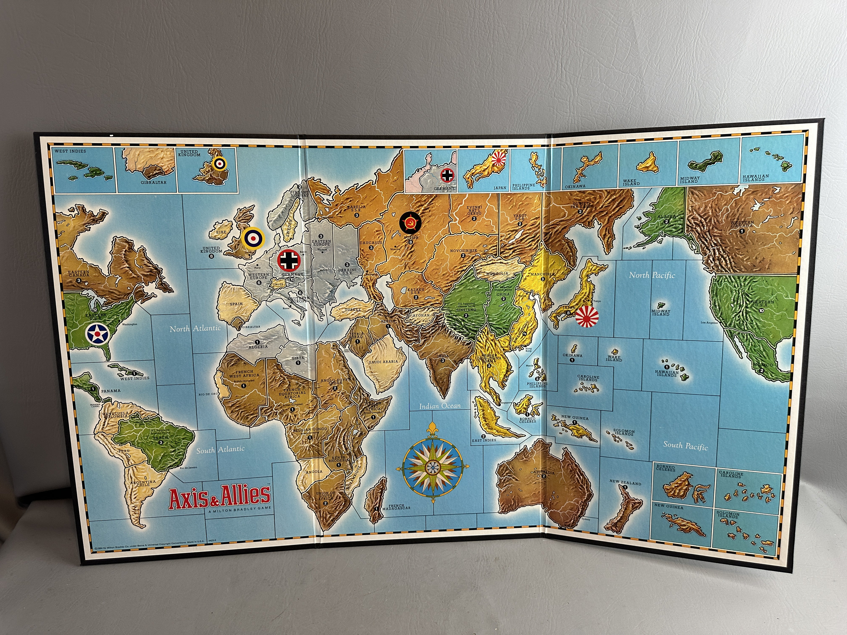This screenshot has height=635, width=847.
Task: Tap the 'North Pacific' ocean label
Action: [652, 275]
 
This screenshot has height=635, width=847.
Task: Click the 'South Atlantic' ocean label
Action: [220, 449]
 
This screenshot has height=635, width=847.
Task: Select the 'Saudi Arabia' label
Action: [383, 361]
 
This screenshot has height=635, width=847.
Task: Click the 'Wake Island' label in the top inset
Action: [631, 182]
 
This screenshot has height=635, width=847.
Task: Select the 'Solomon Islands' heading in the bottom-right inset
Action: [728, 515]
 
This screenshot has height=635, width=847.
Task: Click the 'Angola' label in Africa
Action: [314, 472]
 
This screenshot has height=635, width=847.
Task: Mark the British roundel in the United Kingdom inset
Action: [219, 163]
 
